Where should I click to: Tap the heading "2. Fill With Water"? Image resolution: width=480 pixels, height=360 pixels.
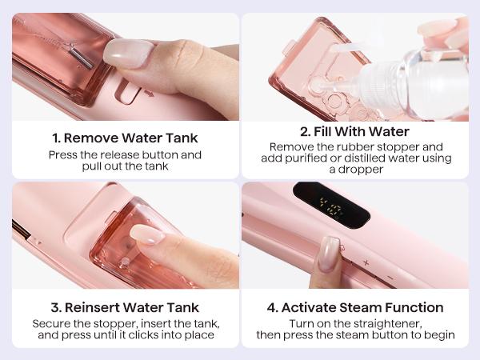356,131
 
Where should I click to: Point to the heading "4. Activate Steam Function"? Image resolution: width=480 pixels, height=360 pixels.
356,306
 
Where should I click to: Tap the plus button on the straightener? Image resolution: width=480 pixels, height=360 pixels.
366,262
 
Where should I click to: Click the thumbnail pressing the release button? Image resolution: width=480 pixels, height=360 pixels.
126,52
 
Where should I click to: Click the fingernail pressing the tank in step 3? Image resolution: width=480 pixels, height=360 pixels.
146,234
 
